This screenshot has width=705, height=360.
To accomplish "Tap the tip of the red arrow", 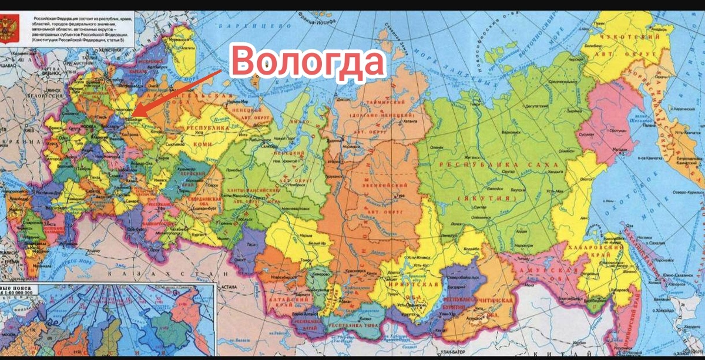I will (x=132, y=115).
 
